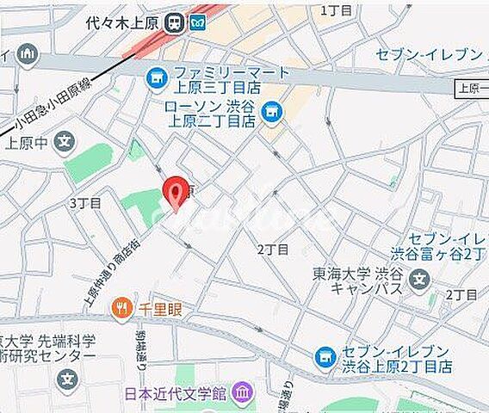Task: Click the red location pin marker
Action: pyautogui.click(x=176, y=191)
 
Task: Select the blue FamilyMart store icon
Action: pyautogui.click(x=156, y=79)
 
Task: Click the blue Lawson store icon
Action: pyautogui.click(x=272, y=111)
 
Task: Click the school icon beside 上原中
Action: pyautogui.click(x=64, y=142)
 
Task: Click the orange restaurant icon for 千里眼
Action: pyautogui.click(x=121, y=305)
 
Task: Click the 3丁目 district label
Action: pyautogui.click(x=85, y=203)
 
